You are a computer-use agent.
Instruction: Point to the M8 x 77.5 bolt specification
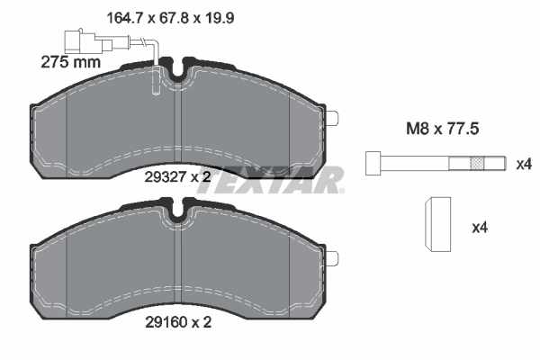(x=438, y=130)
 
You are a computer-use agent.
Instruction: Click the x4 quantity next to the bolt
(x=524, y=164)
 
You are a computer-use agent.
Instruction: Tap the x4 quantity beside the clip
(x=479, y=229)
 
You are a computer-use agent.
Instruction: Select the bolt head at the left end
(x=372, y=164)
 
